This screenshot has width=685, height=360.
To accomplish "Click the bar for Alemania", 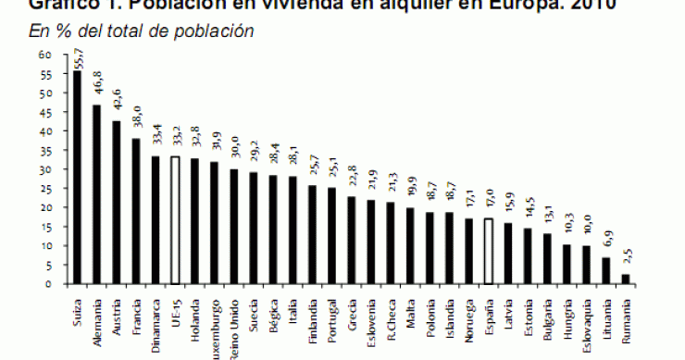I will [96, 194].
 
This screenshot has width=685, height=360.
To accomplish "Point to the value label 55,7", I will [78, 57].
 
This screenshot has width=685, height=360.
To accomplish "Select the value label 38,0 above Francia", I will [137, 125].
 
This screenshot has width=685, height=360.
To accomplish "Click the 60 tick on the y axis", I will [44, 55].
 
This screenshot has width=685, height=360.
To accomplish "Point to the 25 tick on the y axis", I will [44, 189].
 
